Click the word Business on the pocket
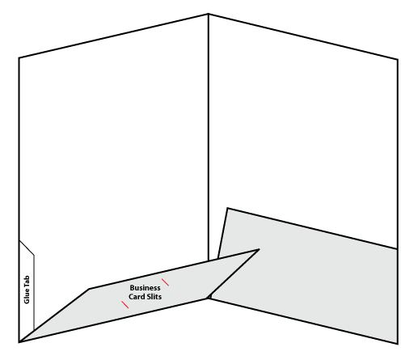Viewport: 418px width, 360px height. (x=145, y=288)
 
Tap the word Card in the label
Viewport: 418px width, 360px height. (x=137, y=297)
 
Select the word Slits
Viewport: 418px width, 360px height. (x=154, y=297)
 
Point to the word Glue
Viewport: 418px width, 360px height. (x=27, y=296)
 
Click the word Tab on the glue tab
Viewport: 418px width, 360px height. (x=27, y=281)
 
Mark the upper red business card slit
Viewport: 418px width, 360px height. (x=165, y=282)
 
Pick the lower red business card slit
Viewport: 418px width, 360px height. (x=125, y=305)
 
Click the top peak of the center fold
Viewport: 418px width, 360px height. (x=209, y=14)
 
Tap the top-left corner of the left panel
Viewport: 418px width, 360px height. (x=19, y=57)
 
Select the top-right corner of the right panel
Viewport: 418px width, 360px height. (x=398, y=59)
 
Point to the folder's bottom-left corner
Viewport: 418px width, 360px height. (x=19, y=342)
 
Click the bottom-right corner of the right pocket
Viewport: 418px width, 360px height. (x=398, y=344)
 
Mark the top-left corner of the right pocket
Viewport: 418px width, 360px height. (x=228, y=208)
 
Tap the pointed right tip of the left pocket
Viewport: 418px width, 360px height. (x=259, y=249)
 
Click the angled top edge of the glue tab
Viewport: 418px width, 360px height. (x=27, y=248)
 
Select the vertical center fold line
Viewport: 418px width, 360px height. (x=209, y=137)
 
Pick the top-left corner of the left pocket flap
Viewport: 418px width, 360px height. (x=89, y=289)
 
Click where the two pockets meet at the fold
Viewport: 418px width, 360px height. (x=209, y=298)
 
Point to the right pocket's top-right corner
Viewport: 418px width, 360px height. (x=397, y=248)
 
